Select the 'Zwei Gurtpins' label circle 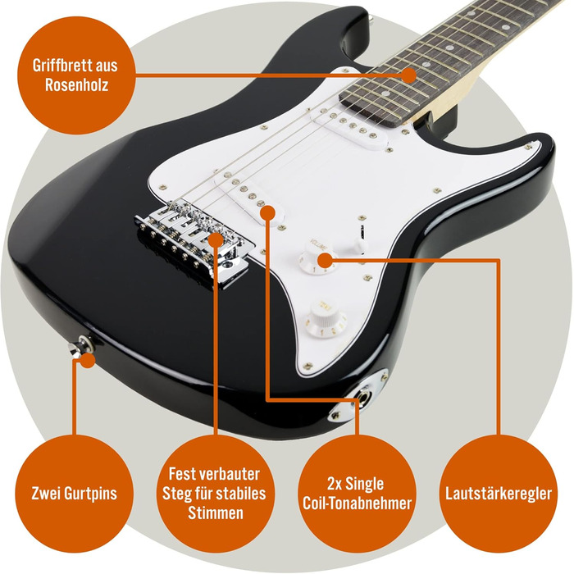click(73, 494)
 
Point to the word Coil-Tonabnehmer click(354, 504)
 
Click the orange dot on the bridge click(215, 239)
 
